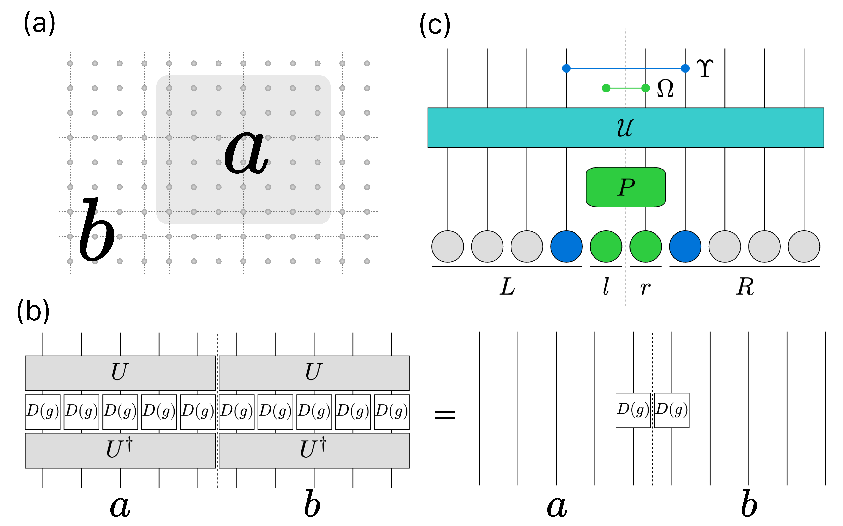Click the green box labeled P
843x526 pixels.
click(626, 187)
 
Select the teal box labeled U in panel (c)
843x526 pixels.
click(626, 128)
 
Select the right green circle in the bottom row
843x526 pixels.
click(645, 246)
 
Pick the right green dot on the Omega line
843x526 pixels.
click(645, 88)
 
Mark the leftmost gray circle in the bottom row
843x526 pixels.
click(447, 246)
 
